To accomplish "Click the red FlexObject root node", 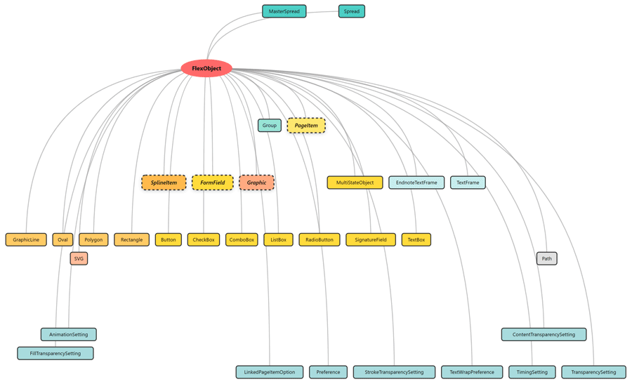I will point(206,68).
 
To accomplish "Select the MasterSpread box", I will point(284,11).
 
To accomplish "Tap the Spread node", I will point(351,11).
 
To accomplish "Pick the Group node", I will point(270,126).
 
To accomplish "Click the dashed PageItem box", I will point(306,126).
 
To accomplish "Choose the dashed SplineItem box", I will point(164,183).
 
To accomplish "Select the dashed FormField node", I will point(212,183).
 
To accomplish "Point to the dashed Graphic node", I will point(256,183).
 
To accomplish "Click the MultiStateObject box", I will point(355,183).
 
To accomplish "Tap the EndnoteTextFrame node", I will point(416,183).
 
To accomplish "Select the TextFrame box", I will point(468,183).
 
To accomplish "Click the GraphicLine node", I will point(26,239).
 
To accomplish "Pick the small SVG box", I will point(79,258).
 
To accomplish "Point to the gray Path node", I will point(546,258).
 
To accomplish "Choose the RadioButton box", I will point(320,239).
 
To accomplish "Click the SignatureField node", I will point(371,239).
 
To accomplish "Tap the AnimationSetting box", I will point(69,334).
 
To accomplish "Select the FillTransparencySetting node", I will point(55,353).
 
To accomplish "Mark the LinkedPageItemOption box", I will point(270,372).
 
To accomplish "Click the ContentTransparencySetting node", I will point(544,334).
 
